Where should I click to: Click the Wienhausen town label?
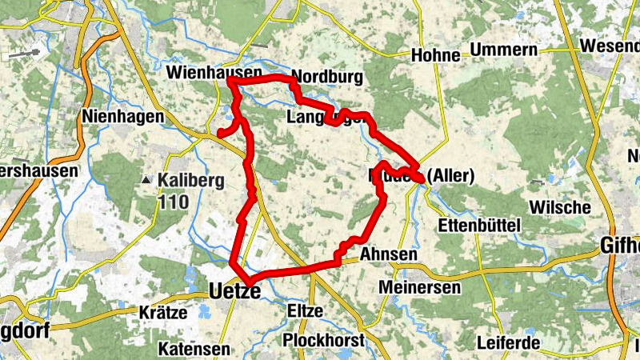214,73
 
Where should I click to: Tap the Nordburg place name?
328,78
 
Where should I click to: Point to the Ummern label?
503,50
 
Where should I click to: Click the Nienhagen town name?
122,117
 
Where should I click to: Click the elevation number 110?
173,202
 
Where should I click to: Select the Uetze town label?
234,292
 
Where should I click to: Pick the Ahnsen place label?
389,254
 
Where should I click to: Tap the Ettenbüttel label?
480,225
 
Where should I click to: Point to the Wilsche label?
560,207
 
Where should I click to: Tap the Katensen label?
194,350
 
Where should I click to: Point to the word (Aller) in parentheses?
452,175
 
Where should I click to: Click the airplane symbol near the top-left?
26,54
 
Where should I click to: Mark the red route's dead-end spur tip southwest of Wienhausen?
220,134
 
